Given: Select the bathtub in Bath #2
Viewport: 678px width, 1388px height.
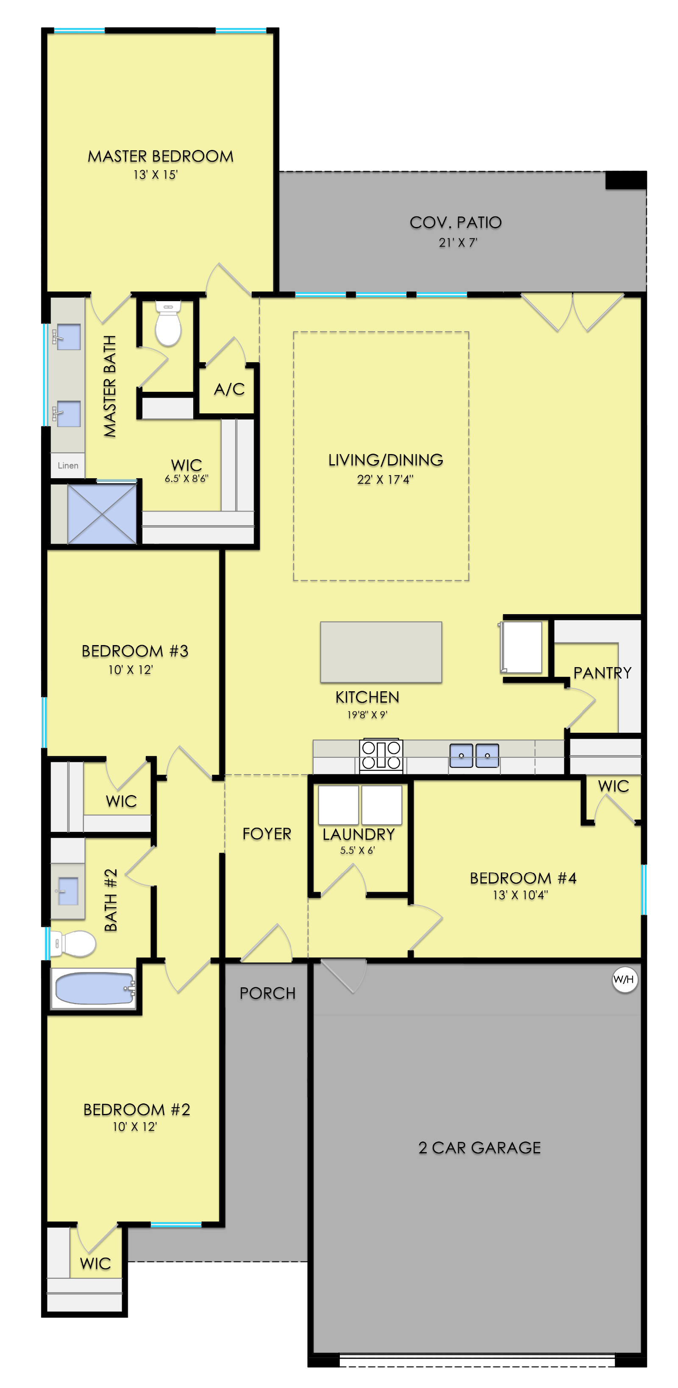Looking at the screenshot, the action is click(x=94, y=988).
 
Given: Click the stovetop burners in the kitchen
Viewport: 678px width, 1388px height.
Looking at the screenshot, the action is click(x=381, y=755).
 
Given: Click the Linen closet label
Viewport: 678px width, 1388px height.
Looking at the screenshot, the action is click(x=68, y=465).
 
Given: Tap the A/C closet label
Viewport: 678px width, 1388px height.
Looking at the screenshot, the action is click(x=229, y=389).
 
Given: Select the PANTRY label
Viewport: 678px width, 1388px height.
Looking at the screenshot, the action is click(x=602, y=673).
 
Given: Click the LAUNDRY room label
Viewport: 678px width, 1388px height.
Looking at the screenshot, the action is click(x=358, y=835).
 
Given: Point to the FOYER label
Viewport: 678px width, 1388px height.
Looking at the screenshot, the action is click(x=267, y=834).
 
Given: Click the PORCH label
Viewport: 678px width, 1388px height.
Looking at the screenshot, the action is click(x=267, y=993).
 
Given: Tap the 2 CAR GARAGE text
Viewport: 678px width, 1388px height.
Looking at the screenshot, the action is click(x=480, y=1148).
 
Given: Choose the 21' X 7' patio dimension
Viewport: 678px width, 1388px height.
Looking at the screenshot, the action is click(x=458, y=242).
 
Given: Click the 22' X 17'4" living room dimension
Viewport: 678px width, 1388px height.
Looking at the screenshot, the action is click(x=385, y=479).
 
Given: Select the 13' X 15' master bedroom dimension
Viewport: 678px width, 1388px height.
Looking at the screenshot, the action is click(x=155, y=175).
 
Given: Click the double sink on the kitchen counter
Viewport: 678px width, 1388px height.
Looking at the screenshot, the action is click(x=474, y=756).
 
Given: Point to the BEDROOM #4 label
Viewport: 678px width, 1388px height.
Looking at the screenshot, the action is click(x=523, y=878).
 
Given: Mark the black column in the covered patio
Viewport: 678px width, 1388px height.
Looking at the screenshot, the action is click(x=626, y=180).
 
